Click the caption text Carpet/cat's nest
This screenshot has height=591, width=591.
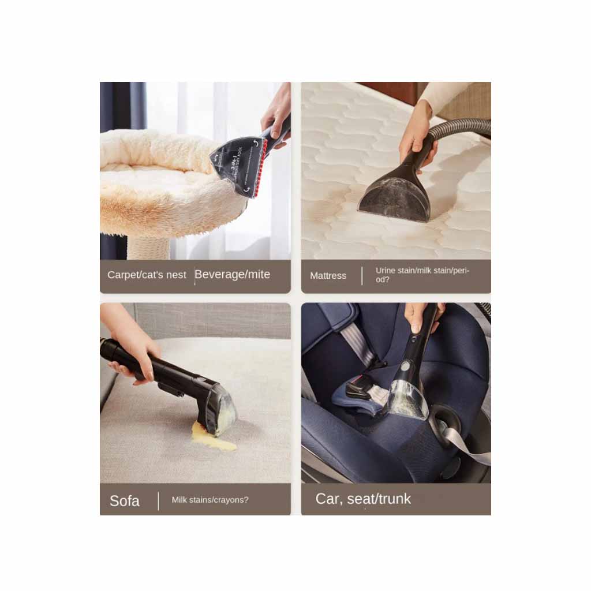(x=147, y=275)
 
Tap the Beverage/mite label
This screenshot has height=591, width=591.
(x=232, y=274)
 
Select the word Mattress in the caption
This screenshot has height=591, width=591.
(x=328, y=275)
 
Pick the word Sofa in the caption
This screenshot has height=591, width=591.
(x=125, y=501)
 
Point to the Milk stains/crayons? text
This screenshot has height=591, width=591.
(x=210, y=500)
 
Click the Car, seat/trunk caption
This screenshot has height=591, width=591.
(x=363, y=499)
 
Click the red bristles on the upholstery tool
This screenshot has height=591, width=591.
(x=263, y=166)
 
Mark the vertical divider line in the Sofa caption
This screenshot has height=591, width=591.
(x=158, y=501)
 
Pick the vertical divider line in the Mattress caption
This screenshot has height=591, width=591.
(x=362, y=276)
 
